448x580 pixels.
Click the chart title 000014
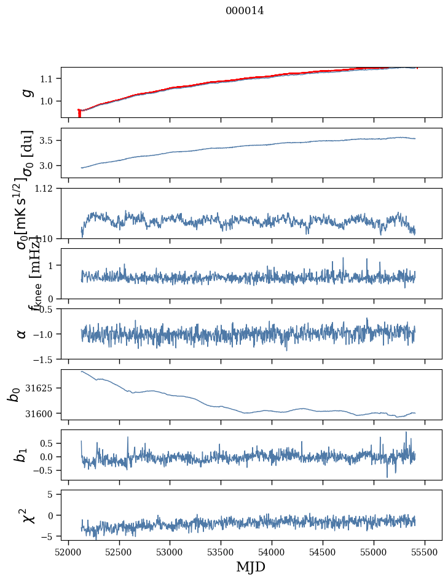pos(245,10)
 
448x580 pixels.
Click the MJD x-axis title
pos(251,566)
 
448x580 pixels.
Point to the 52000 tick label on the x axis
pos(68,551)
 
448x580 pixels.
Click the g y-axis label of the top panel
pos(26,92)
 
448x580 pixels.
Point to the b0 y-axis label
pos(14,394)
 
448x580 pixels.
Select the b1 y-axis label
pos(22,455)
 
